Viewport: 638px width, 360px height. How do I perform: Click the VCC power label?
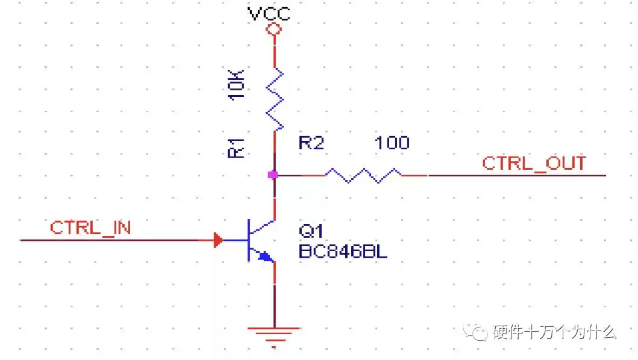point(269,13)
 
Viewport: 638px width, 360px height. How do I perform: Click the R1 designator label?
point(237,147)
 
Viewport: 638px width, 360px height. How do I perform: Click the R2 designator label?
point(311,143)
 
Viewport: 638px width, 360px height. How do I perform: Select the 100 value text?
point(392,143)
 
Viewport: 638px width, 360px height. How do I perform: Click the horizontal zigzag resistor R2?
point(364,175)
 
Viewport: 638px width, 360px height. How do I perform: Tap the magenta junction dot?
point(273,175)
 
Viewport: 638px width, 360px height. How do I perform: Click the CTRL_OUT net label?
point(534,163)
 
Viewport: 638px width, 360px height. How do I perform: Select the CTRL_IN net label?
point(90,228)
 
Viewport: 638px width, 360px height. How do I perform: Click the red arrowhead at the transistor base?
point(218,241)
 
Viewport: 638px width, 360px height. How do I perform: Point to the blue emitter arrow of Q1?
point(264,257)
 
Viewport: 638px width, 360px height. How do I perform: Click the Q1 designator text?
point(311,231)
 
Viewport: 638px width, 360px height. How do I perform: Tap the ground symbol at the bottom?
point(274,334)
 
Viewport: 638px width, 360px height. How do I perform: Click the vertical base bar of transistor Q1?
point(248,241)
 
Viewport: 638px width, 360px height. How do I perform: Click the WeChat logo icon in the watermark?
point(480,332)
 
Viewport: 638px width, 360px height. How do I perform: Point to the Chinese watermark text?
point(554,332)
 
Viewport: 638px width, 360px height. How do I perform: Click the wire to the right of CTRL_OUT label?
point(596,175)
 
